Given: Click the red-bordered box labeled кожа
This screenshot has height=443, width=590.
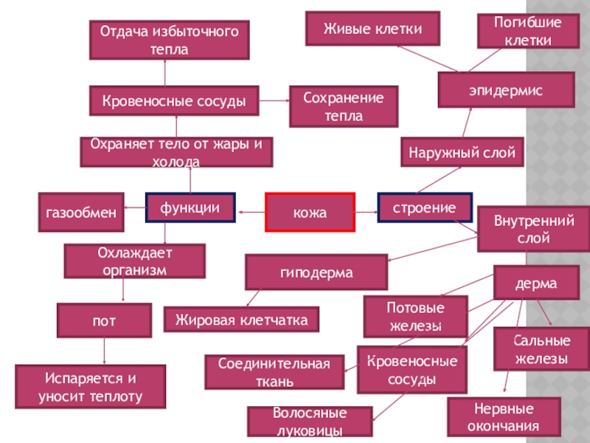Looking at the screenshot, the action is [310, 213].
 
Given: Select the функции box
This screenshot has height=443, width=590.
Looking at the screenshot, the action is [190, 208].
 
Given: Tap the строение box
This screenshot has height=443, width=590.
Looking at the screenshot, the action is [423, 207].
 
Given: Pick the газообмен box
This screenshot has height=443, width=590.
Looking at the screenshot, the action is [80, 213].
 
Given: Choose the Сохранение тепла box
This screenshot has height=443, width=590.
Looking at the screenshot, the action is [343, 106].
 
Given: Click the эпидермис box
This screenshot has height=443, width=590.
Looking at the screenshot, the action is [505, 89].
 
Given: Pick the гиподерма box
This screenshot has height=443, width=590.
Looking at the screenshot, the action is [316, 272].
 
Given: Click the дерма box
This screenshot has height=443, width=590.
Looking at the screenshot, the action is [536, 284].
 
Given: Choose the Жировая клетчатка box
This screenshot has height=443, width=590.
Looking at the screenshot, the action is [241, 320].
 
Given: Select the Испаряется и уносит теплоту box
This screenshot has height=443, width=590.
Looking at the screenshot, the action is [90, 387].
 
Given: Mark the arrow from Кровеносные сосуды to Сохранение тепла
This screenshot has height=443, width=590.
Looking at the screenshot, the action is [274, 100].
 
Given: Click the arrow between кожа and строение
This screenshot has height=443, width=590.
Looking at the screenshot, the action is [366, 212].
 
